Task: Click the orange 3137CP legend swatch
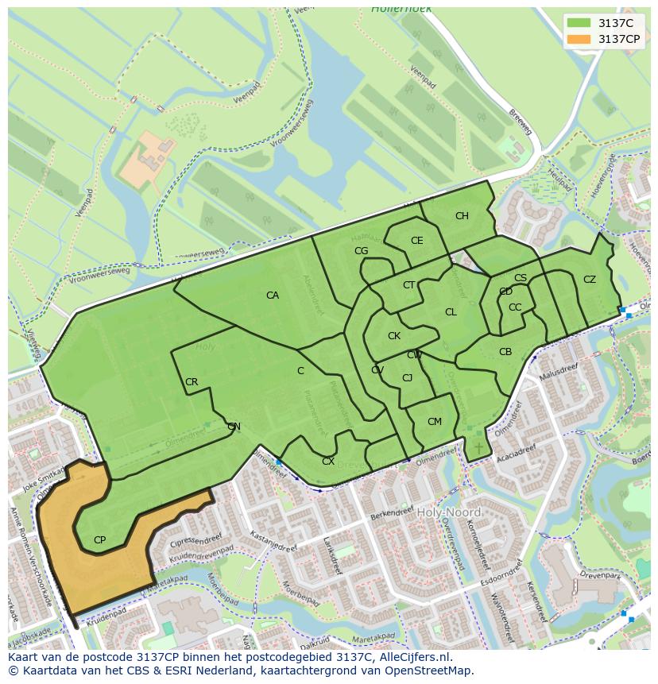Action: pos(579,39)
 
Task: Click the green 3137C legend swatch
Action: pos(579,23)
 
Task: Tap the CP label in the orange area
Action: pos(99,540)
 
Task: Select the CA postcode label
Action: pos(273,296)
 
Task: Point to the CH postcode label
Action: pos(462,216)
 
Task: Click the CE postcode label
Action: pos(416,241)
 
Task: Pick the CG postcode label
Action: pos(361,251)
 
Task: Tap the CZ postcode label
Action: pos(589,280)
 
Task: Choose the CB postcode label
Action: pos(505,352)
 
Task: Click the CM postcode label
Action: pos(434,422)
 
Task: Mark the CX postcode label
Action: pos(327,462)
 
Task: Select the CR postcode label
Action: pos(192,382)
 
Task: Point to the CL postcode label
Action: pos(451,312)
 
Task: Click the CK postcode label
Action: pos(394,336)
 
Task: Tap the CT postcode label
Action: pos(408,285)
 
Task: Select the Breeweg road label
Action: pos(520,123)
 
